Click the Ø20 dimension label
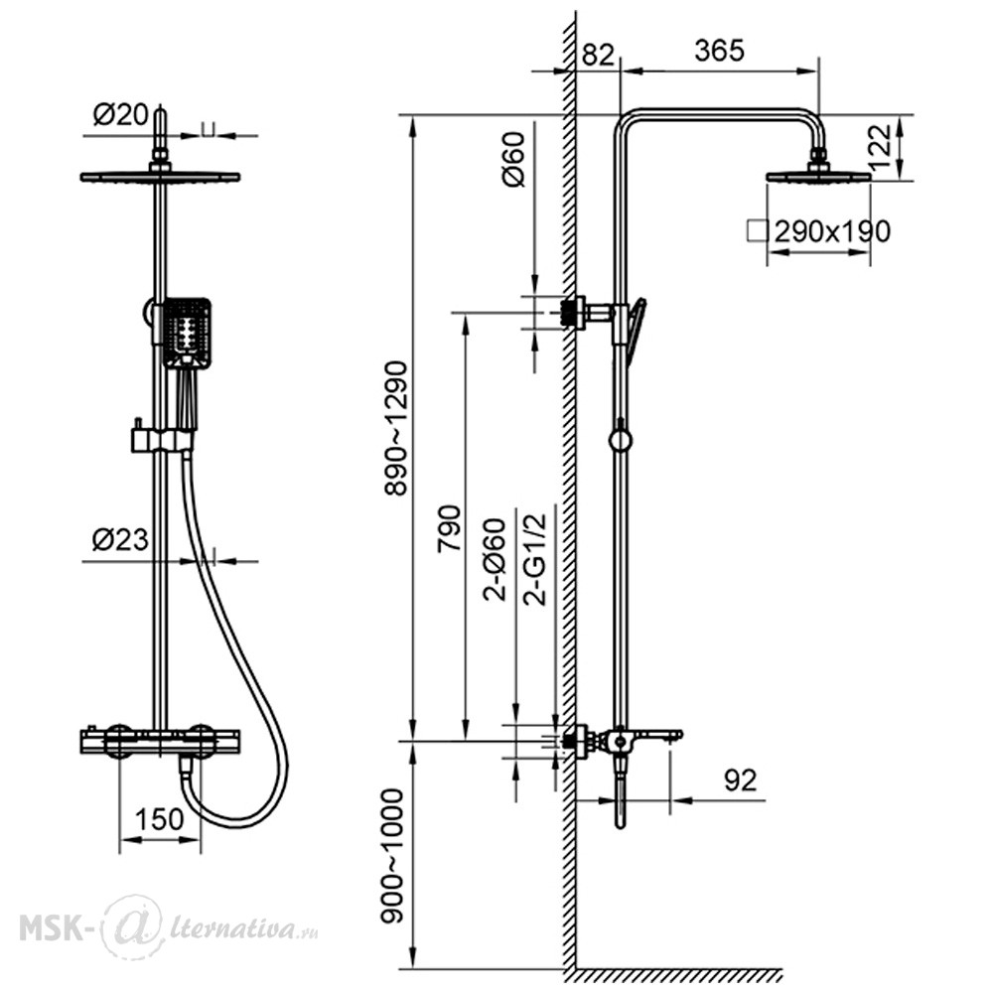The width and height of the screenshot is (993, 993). click(120, 114)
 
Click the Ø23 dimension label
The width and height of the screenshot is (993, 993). click(120, 539)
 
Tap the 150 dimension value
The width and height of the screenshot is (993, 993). click(159, 819)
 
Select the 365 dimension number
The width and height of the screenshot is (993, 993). click(719, 52)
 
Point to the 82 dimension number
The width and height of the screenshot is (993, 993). click(598, 55)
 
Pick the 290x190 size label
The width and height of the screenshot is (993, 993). click(832, 231)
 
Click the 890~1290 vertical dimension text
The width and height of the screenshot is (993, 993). click(398, 427)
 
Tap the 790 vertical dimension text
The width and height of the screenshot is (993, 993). click(449, 529)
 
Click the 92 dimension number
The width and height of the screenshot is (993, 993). click(741, 780)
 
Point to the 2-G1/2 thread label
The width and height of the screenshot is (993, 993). click(534, 558)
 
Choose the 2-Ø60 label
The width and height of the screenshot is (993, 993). click(495, 558)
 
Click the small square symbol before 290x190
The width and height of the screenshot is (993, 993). click(758, 231)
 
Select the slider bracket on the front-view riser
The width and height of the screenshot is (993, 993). click(162, 440)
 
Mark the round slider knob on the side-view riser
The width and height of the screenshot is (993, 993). click(620, 440)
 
